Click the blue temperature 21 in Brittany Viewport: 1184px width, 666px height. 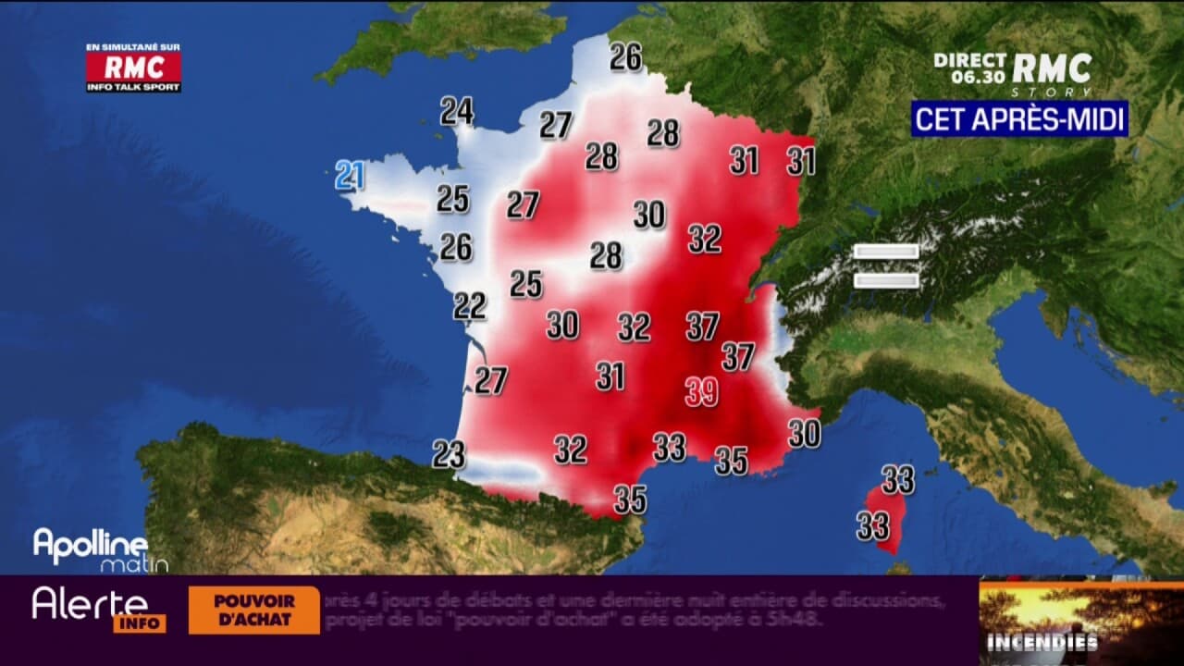click(350, 175)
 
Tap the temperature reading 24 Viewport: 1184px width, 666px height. click(456, 111)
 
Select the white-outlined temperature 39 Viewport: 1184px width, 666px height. click(701, 392)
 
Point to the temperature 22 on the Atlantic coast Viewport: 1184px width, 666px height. click(469, 305)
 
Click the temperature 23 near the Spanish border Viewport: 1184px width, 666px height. click(449, 454)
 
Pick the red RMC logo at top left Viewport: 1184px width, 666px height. click(133, 68)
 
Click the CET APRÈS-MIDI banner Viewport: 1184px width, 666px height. click(1019, 118)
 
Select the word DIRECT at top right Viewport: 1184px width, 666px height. click(969, 60)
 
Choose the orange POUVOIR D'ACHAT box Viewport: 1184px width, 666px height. click(253, 610)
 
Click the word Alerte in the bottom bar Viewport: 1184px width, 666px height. click(90, 604)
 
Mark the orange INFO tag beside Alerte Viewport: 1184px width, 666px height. click(140, 624)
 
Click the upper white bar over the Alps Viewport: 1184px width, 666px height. click(885, 252)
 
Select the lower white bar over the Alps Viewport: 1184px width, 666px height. click(885, 280)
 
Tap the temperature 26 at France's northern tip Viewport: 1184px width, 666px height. click(625, 57)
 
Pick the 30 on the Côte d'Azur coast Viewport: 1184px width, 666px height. click(804, 433)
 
